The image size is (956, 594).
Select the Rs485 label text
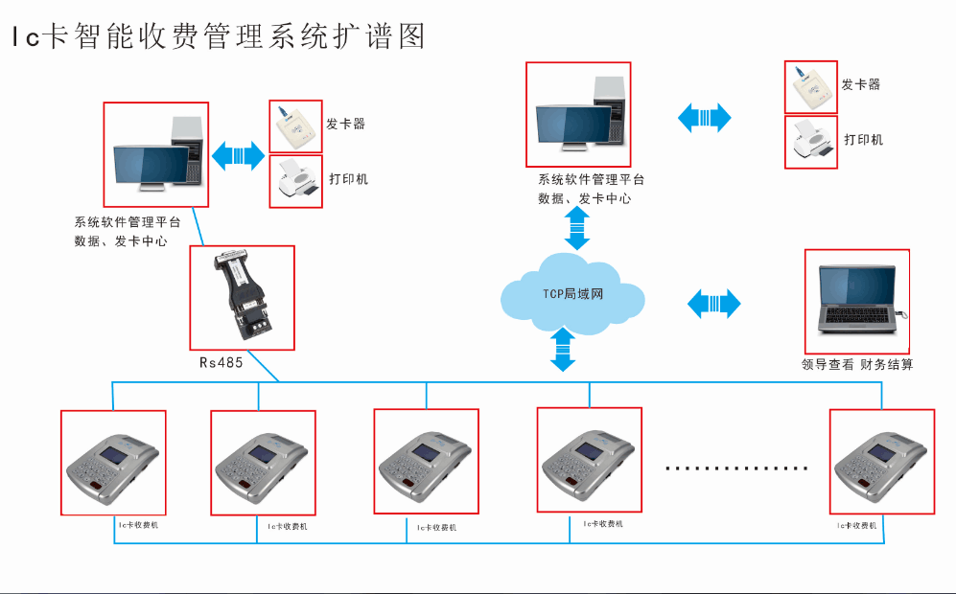click(x=221, y=363)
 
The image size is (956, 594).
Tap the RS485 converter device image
click(x=243, y=297)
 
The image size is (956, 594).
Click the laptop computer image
click(x=857, y=301)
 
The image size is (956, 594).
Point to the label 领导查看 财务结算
click(x=857, y=365)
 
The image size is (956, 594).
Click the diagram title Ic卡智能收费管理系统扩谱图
click(x=218, y=36)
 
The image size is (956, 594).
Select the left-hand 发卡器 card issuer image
click(x=295, y=126)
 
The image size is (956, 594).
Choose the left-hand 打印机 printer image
click(x=295, y=181)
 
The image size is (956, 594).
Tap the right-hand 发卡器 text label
click(x=861, y=84)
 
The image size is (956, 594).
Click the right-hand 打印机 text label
click(x=863, y=140)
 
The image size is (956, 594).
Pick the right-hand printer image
click(x=811, y=143)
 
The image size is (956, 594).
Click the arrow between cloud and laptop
click(x=714, y=304)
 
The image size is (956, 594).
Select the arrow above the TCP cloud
click(x=577, y=228)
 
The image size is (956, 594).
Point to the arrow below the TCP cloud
click(x=563, y=350)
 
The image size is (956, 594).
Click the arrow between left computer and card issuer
click(x=238, y=155)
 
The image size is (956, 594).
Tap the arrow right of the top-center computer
click(x=705, y=118)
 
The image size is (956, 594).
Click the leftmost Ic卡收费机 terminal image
click(x=113, y=463)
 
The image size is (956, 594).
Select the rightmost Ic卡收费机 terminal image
click(x=881, y=462)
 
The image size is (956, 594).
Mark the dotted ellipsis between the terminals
click(x=736, y=468)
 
